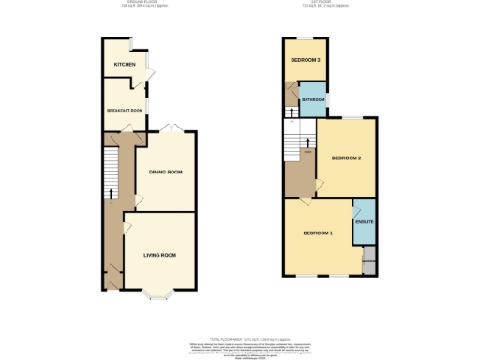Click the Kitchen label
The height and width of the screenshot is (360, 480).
[x=125, y=65]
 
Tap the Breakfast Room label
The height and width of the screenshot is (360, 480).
[x=124, y=110]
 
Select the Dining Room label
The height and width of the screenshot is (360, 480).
[x=165, y=172]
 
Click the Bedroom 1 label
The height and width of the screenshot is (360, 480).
[x=317, y=232]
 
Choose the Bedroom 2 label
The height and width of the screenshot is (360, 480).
[x=346, y=157]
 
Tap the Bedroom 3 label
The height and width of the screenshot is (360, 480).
[x=305, y=60]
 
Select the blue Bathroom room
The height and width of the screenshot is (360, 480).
[x=313, y=100]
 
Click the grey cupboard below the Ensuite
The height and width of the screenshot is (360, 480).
[x=368, y=258]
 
